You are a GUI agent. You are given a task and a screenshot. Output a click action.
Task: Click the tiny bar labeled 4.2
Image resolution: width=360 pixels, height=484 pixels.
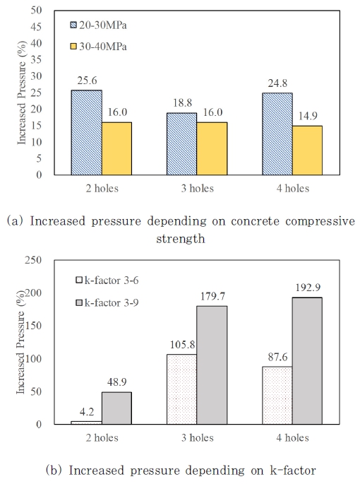coord(85,423)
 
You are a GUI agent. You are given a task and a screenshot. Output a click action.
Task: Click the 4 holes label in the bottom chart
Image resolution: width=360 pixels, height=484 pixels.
coord(292,438)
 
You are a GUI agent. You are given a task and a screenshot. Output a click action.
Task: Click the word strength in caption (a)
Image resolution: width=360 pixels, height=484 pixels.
coord(180,239)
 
